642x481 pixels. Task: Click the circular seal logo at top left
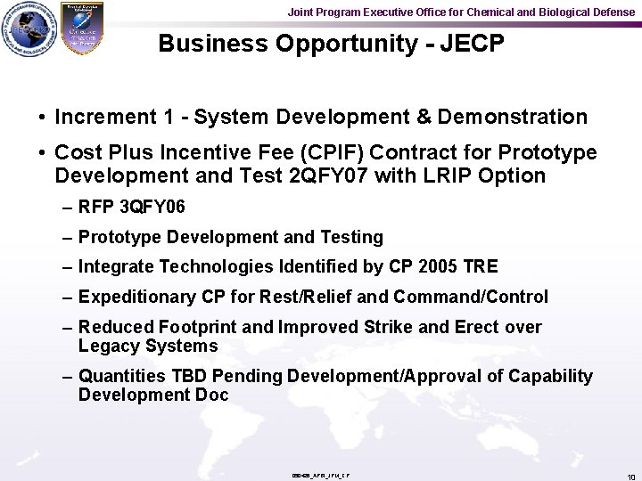pyautogui.click(x=27, y=30)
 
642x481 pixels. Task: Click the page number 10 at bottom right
pyautogui.click(x=630, y=477)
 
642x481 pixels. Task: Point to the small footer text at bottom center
pyautogui.click(x=320, y=476)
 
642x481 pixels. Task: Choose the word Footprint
pyautogui.click(x=196, y=327)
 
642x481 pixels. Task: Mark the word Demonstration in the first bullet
pyautogui.click(x=512, y=117)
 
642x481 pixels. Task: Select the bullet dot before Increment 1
pyautogui.click(x=42, y=118)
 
